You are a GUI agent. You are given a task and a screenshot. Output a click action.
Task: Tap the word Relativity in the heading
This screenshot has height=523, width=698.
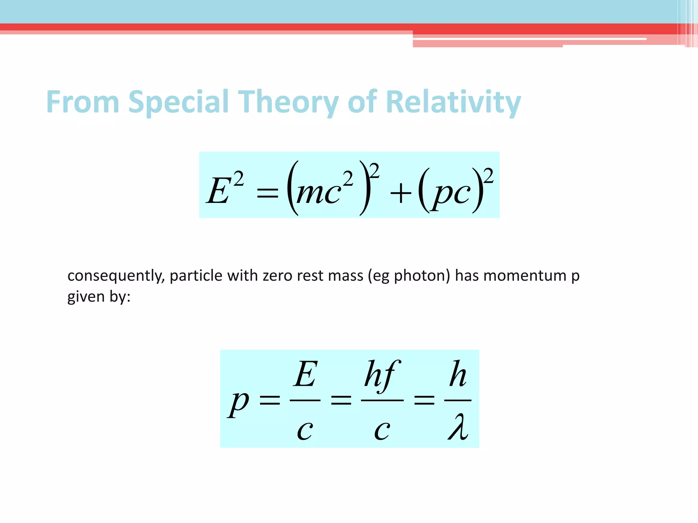[453, 102]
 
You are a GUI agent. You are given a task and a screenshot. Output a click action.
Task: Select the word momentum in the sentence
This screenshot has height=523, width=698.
[525, 275]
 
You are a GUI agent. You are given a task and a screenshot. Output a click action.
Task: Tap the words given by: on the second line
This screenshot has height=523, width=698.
[99, 297]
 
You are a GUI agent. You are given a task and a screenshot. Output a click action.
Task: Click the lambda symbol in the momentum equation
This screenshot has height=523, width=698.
[458, 427]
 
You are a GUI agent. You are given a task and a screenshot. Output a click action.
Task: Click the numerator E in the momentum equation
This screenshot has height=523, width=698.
[305, 375]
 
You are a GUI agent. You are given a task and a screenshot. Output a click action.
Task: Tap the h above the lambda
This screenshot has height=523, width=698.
[458, 375]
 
